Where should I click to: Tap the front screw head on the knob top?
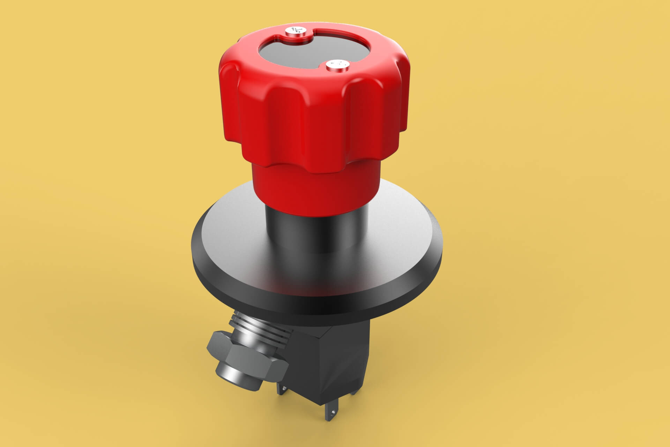337,65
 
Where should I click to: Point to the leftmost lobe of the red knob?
230,105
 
